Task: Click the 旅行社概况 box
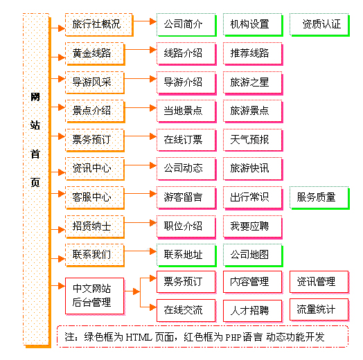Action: [x=99, y=25]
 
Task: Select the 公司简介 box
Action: [x=186, y=25]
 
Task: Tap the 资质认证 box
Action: [x=320, y=25]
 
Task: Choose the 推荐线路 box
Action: [x=253, y=54]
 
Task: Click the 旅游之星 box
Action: [x=253, y=83]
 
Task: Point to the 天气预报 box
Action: [x=253, y=141]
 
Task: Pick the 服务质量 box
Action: [x=320, y=198]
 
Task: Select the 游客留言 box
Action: [x=186, y=198]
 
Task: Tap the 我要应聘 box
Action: [x=253, y=227]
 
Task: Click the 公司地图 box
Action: [x=253, y=255]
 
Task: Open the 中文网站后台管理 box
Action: [x=95, y=296]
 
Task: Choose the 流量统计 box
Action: [x=319, y=309]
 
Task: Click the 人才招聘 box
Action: [x=253, y=311]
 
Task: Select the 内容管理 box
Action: [x=253, y=282]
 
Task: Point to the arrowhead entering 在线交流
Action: [x=153, y=307]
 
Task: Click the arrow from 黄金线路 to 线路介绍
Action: [x=141, y=50]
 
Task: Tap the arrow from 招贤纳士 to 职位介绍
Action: [x=141, y=223]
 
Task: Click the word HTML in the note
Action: [x=139, y=337]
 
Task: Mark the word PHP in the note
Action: [x=233, y=337]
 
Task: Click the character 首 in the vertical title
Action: [x=35, y=154]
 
